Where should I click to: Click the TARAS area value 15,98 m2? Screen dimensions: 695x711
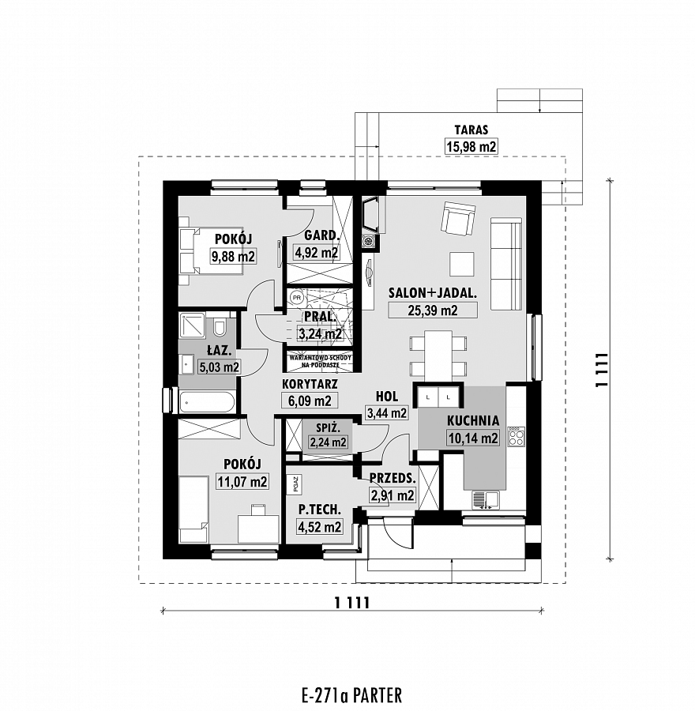(471, 147)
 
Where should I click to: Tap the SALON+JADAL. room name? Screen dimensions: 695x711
(433, 292)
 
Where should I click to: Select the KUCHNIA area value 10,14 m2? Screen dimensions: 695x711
(473, 438)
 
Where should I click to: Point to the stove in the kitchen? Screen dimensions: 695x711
(516, 437)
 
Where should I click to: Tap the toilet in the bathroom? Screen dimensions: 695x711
(220, 327)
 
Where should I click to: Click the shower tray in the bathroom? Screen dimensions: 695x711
(192, 325)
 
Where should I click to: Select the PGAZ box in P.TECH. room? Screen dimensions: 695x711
(295, 483)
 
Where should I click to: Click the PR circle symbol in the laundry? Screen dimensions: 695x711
(297, 298)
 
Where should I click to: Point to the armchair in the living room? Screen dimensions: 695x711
(458, 218)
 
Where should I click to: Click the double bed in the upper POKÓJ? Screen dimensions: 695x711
(212, 250)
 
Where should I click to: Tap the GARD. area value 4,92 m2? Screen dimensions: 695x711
(317, 253)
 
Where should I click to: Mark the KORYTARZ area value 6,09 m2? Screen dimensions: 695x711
(310, 401)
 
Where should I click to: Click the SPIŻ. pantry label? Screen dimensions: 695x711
(328, 427)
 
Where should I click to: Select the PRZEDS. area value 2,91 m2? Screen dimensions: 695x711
(393, 495)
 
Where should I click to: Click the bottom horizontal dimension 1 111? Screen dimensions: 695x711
(352, 603)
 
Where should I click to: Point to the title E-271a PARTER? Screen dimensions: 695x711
(351, 695)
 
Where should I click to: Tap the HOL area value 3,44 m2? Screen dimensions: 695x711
(387, 413)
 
